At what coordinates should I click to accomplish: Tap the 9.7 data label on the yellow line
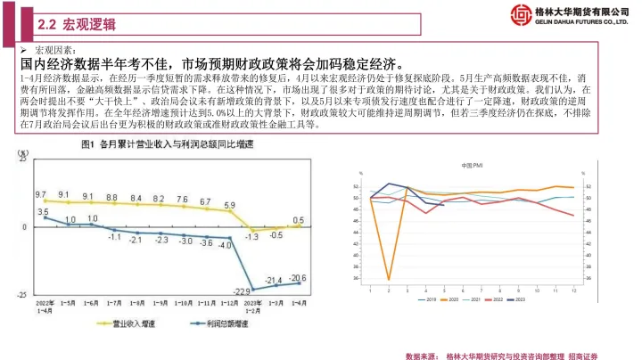[x=40, y=194]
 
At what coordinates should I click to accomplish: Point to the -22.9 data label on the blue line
[x=240, y=290]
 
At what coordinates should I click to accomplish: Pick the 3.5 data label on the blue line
[x=43, y=211]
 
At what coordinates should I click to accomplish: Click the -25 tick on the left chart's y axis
[x=24, y=290]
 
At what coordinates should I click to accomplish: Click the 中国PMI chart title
[x=473, y=167]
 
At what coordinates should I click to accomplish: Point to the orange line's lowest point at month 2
[x=389, y=280]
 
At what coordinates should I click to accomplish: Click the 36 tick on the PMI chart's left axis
[x=358, y=279]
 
